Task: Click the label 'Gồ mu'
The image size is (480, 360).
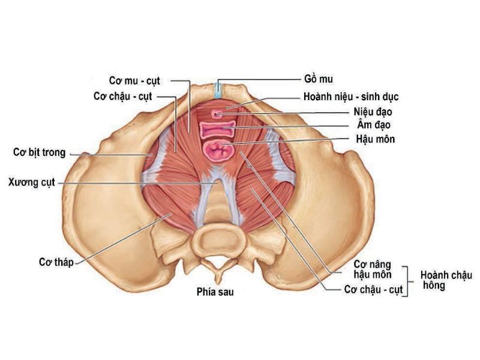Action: pos(319,79)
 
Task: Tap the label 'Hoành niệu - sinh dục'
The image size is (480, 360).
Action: pos(351,97)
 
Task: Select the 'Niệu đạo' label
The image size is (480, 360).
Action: pos(373,112)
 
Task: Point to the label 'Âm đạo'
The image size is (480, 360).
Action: pos(374,125)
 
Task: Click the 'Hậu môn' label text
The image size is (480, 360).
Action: pos(376,139)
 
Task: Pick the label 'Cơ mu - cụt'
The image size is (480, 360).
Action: pos(134,81)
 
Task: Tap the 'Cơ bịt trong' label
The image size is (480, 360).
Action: pos(40,152)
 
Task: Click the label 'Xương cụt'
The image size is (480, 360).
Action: pos(32,182)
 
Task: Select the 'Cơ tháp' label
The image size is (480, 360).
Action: pos(56,262)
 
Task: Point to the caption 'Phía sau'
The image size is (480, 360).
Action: pos(215,292)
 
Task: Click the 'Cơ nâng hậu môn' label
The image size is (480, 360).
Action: pos(373,269)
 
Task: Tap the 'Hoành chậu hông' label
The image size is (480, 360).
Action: pos(446,280)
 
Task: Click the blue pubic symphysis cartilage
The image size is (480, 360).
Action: pos(218,89)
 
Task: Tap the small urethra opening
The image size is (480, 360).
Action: pos(217,114)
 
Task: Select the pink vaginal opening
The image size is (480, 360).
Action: pos(218,129)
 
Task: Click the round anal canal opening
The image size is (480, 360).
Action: pos(218,149)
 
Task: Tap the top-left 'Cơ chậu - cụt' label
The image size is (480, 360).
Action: pos(123,97)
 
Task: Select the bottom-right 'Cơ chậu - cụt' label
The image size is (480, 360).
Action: pos(373,290)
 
